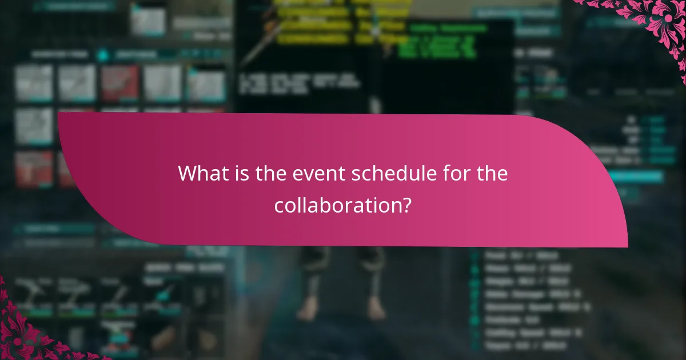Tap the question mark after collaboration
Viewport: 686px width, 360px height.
click(x=405, y=205)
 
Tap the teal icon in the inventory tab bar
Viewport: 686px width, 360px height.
click(x=102, y=55)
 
